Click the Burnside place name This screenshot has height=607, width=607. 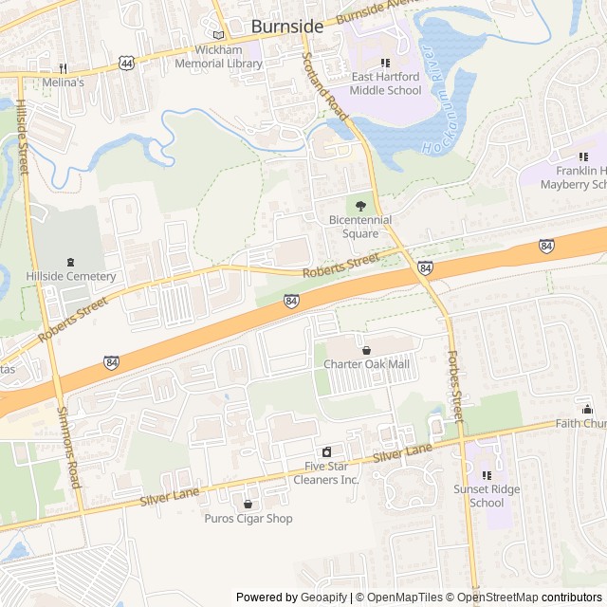[286, 27]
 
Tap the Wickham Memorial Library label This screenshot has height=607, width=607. [218, 57]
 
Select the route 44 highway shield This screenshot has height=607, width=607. [126, 63]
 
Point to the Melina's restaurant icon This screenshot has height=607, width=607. [64, 68]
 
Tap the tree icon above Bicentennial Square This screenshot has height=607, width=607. [359, 205]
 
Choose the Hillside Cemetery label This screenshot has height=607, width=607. [70, 276]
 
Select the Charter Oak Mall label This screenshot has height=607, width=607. [367, 364]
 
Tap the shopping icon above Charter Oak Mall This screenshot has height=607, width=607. [366, 350]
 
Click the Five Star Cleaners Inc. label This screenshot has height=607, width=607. [332, 472]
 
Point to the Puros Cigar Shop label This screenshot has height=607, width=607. [248, 519]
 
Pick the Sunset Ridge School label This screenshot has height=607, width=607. [487, 496]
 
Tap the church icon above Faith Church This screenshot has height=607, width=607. [587, 409]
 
